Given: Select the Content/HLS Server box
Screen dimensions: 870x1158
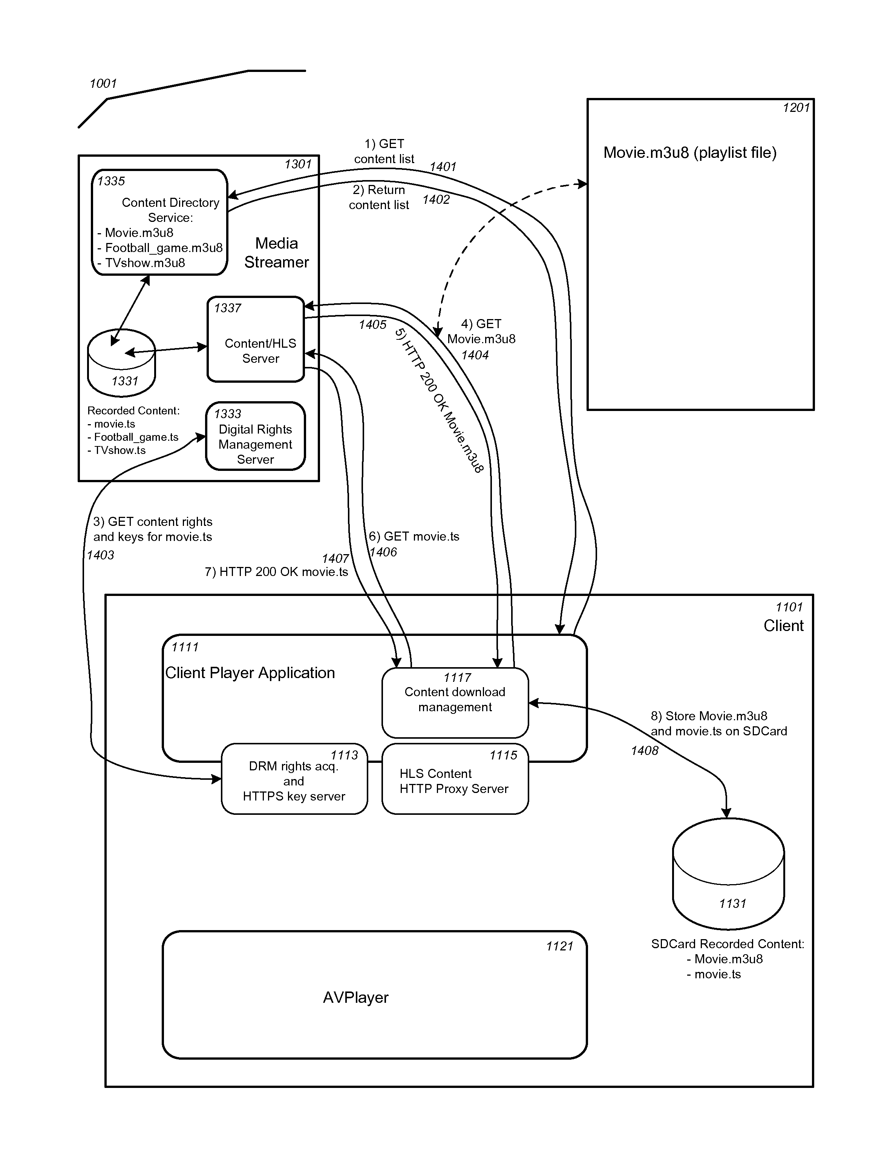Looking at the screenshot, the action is [256, 339].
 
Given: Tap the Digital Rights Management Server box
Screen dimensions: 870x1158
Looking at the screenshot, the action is [256, 436].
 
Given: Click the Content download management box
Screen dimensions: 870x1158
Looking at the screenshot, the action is [455, 703].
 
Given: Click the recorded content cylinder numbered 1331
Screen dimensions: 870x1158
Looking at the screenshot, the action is [121, 363].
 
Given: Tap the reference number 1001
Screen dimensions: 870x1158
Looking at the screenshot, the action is [103, 83].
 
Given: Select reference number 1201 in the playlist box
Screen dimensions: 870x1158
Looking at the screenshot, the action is [796, 108].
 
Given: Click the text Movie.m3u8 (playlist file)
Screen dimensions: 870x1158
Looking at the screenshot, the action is [690, 153].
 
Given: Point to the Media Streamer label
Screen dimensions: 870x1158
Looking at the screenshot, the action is [277, 252].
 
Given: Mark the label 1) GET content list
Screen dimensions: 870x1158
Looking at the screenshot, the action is [384, 151].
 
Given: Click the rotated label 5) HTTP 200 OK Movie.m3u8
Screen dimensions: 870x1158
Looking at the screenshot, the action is [439, 400].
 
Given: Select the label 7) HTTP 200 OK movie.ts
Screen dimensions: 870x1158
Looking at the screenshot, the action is [277, 572].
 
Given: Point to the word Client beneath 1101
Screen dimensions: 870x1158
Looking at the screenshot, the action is [784, 626].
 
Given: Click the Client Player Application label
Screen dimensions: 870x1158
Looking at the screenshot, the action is [250, 673].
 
